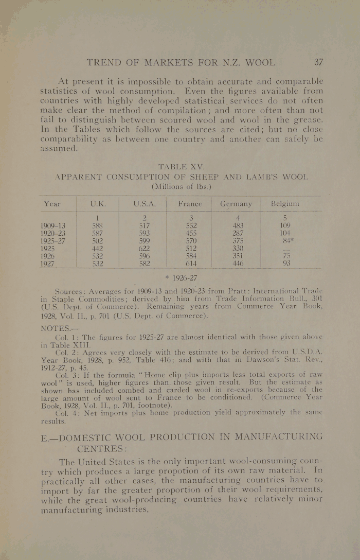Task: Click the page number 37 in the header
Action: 319,63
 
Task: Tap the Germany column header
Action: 236,204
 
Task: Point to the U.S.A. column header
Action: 144,204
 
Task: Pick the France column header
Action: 190,204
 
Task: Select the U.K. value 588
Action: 97,225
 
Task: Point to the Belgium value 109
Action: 285,225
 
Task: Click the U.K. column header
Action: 98,204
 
